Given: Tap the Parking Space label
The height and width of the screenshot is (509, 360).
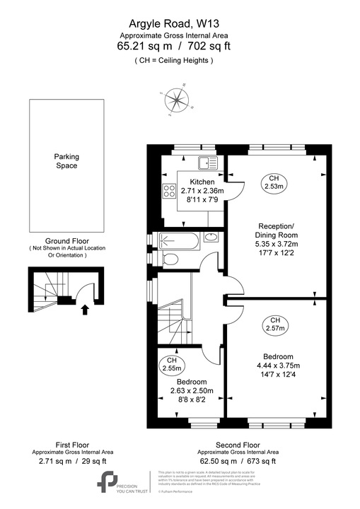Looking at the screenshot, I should coord(66,160).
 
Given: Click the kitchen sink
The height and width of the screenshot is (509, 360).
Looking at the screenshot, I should coord(209,163).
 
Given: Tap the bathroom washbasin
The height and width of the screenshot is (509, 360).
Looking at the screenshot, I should coord(211,238).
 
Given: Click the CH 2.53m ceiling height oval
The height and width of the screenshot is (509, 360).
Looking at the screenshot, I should coord(274,182).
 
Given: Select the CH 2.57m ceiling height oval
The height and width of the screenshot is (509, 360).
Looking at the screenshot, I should coord(274,323).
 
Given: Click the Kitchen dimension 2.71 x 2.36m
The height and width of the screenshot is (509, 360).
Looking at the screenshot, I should coord(202,190).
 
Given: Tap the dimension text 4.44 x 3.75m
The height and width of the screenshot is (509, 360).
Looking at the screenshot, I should coord(279,365).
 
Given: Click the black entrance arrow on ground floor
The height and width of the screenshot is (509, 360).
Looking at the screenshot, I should coord(86,308).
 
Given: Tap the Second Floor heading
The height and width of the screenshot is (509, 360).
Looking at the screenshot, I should coord(238,445).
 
